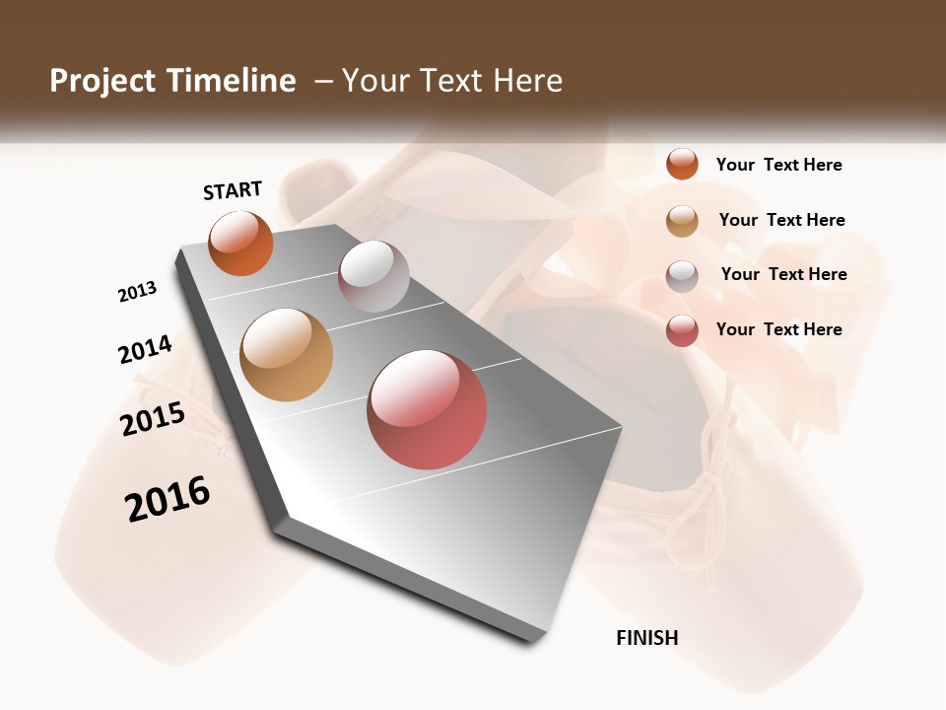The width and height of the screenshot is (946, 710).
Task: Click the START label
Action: (233, 190)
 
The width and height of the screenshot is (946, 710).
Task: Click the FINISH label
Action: (647, 638)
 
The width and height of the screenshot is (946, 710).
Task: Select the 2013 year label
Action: (137, 292)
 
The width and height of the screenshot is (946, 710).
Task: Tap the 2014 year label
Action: (145, 349)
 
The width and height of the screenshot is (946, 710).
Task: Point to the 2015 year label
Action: (153, 419)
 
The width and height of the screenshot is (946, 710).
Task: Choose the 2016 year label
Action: (168, 499)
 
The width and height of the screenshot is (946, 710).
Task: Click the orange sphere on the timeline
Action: (240, 244)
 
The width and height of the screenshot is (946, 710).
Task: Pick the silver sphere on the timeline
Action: (373, 276)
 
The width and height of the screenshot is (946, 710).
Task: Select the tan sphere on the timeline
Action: (286, 355)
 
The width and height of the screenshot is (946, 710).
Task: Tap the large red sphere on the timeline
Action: (427, 409)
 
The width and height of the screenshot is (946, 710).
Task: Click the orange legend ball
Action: (682, 164)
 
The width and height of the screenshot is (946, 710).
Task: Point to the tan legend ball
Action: (682, 221)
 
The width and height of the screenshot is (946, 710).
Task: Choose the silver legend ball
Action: (682, 276)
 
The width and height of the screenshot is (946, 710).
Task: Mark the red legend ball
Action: (682, 330)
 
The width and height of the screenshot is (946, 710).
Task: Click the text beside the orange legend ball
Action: (778, 165)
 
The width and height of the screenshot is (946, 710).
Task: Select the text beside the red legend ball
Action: (778, 329)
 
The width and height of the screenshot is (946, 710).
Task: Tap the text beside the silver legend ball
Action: (783, 274)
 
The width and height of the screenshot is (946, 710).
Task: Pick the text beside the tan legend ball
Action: (781, 220)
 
